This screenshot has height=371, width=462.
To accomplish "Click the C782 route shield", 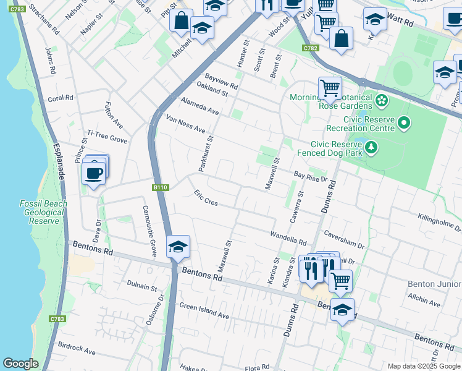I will (x=310, y=48).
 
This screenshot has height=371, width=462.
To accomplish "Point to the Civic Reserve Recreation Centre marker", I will (x=405, y=124).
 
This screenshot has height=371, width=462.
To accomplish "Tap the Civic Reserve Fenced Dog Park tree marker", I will (x=371, y=147).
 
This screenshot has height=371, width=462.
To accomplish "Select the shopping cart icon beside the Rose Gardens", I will (x=330, y=88).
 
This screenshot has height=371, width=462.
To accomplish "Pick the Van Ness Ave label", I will (x=185, y=123).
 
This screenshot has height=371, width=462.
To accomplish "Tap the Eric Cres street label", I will (x=206, y=198).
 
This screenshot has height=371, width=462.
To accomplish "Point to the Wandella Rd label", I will (x=288, y=237).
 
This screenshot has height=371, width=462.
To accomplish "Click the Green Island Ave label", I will (x=204, y=310).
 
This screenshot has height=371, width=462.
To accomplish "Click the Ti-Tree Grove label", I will (x=107, y=137).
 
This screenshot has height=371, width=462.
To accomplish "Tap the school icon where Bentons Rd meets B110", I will (x=178, y=246).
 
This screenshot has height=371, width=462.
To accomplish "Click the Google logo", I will (x=20, y=364).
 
